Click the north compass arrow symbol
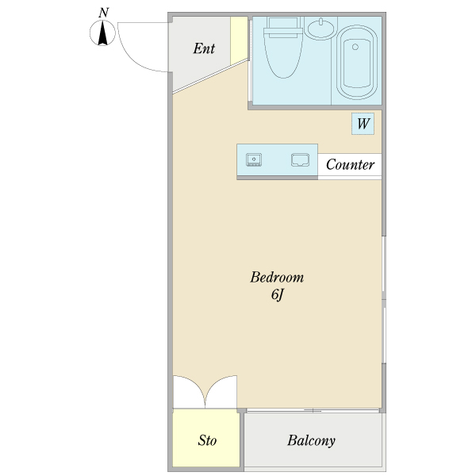pyautogui.click(x=102, y=33)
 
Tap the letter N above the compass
pyautogui.click(x=103, y=13)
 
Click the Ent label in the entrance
pyautogui.click(x=204, y=48)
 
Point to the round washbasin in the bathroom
pyautogui.click(x=321, y=29)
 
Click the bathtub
pyautogui.click(x=357, y=62)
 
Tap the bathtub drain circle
pyautogui.click(x=355, y=47)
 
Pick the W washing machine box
pyautogui.click(x=363, y=124)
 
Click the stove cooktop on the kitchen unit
pyautogui.click(x=254, y=160)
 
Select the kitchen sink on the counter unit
pyautogui.click(x=300, y=160)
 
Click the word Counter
pyautogui.click(x=350, y=164)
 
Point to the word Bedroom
pyautogui.click(x=277, y=277)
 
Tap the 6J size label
pyautogui.click(x=278, y=294)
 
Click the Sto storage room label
pyautogui.click(x=207, y=440)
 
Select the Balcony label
pyautogui.click(x=312, y=441)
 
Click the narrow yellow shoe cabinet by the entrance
pyautogui.click(x=239, y=40)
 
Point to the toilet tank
pyautogui.click(x=283, y=27)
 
